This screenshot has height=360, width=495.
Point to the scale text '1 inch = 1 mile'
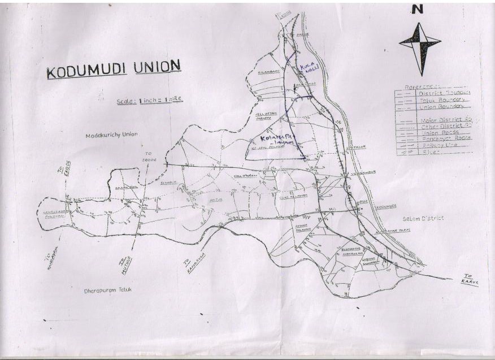pyautogui.click(x=150, y=101)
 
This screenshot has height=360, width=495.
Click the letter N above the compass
pyautogui.click(x=418, y=9)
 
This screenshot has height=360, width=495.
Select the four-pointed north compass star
pyautogui.click(x=419, y=44)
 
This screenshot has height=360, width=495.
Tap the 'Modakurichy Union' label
pyautogui.click(x=112, y=135)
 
